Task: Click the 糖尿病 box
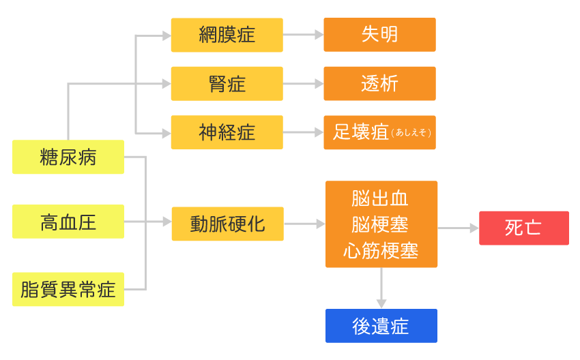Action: click(68, 157)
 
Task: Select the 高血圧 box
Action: click(68, 222)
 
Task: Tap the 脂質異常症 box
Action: click(68, 289)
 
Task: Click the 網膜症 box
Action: click(227, 35)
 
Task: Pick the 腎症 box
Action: click(227, 84)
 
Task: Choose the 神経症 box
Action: click(227, 132)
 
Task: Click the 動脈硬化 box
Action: click(227, 224)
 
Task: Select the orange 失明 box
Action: click(379, 35)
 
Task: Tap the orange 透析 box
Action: click(379, 84)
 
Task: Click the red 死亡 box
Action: click(523, 228)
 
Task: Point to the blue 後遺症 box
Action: click(381, 326)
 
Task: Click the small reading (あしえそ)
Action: click(411, 133)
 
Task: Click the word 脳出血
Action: click(381, 198)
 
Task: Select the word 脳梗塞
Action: click(381, 224)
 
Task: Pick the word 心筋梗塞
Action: click(381, 250)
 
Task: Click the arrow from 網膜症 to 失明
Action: click(304, 35)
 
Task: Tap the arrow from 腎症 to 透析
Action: click(304, 84)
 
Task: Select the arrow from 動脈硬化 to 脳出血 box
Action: click(305, 224)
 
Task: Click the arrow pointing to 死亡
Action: click(458, 228)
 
